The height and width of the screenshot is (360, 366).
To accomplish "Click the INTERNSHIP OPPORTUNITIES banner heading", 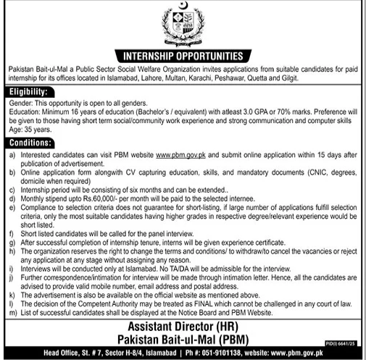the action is pyautogui.click(x=183, y=54).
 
